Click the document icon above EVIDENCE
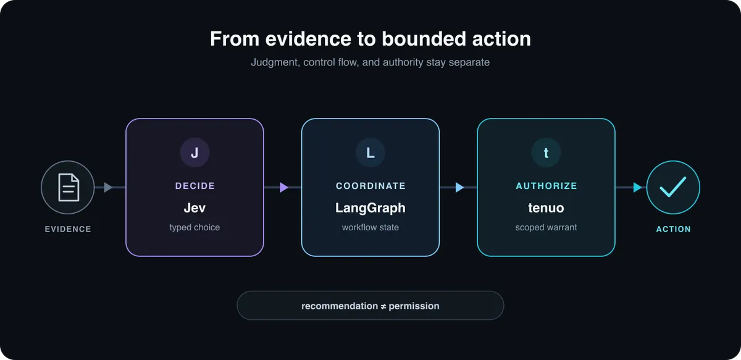click(69, 187)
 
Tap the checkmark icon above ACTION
click(673, 187)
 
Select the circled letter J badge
click(195, 153)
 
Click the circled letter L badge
click(370, 153)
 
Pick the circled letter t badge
click(546, 153)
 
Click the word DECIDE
click(195, 186)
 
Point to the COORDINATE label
click(371, 186)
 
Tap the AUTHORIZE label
click(546, 186)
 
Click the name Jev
click(195, 208)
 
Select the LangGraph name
click(370, 208)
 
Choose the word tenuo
click(546, 208)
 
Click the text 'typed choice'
click(195, 228)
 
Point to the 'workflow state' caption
click(370, 227)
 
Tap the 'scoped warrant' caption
click(546, 228)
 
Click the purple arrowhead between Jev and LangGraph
click(284, 187)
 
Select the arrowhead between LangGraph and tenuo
click(459, 187)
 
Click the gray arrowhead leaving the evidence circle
click(108, 187)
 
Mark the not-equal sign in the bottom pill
click(383, 306)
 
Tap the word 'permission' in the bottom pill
click(414, 306)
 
